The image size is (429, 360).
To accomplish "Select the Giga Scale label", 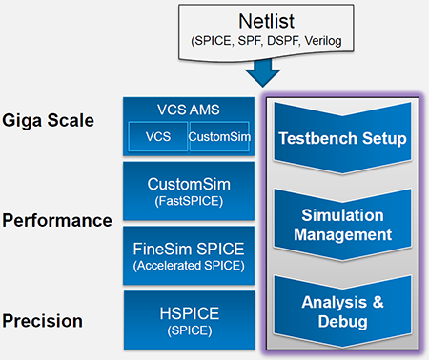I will tap(49, 121).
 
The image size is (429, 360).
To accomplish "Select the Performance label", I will tap(56, 220).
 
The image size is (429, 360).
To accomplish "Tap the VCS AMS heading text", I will tap(187, 107).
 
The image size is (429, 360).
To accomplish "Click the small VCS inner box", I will tap(157, 137).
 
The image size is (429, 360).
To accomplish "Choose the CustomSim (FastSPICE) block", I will tap(187, 190).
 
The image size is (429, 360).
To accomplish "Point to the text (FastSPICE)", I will tap(187, 201).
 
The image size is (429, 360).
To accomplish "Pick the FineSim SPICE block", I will tap(187, 256).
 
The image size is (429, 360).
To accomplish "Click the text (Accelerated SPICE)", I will tap(187, 267).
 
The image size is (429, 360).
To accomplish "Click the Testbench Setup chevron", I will tap(342, 139).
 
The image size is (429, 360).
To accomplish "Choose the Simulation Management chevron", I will tap(342, 225).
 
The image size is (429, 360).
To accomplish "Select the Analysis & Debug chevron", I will tap(342, 312).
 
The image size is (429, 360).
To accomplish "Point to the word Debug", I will tap(342, 322).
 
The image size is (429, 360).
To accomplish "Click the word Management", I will tap(342, 234).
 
